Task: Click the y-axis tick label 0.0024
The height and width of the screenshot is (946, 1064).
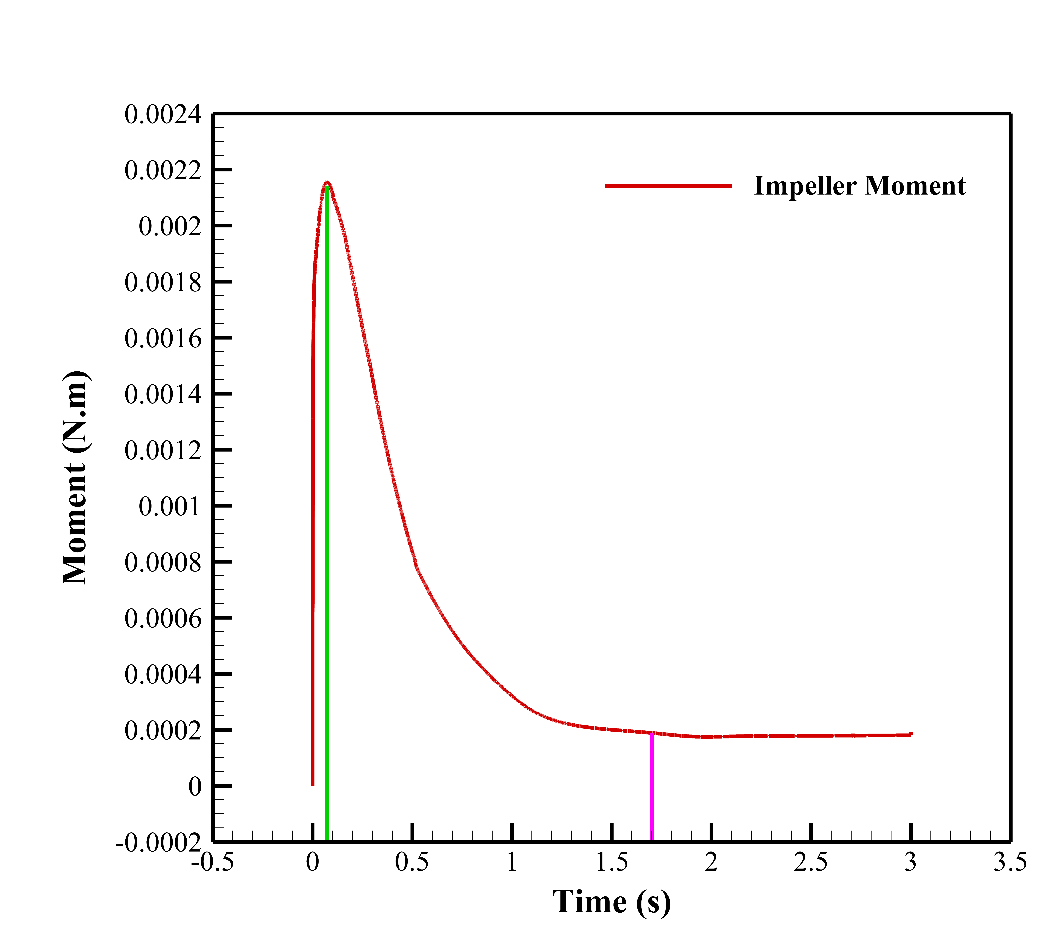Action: tap(162, 115)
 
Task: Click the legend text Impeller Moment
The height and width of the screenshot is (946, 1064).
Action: tap(859, 186)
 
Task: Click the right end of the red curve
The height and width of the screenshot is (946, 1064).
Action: tap(910, 734)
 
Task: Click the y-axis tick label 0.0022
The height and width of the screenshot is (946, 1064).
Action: tap(162, 171)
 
